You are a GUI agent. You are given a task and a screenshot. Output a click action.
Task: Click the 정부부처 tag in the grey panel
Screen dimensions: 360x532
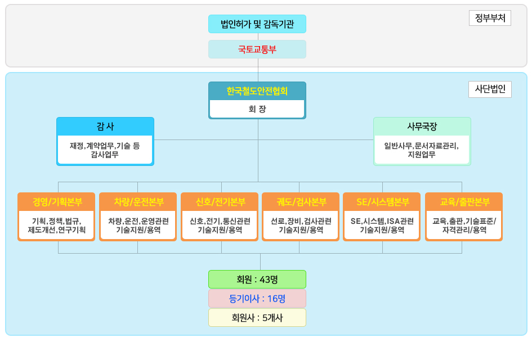click(x=490, y=18)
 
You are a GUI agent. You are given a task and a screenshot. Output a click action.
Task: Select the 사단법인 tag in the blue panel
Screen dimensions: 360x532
click(x=490, y=89)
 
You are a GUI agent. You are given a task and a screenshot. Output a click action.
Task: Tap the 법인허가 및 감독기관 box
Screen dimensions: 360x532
click(x=257, y=24)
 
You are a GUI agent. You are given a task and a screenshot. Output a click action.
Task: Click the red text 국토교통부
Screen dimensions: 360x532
click(x=257, y=49)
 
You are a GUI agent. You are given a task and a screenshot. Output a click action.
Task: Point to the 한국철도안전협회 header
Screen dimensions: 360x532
click(x=257, y=91)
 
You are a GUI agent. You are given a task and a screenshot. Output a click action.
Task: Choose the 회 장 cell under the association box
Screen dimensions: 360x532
click(x=257, y=109)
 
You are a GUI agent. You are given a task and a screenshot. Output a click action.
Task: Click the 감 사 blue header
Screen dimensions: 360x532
click(x=105, y=126)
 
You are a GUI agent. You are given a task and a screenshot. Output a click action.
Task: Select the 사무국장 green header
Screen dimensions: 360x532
click(x=422, y=126)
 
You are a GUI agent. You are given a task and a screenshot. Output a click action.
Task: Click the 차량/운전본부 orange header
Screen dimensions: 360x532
click(x=138, y=201)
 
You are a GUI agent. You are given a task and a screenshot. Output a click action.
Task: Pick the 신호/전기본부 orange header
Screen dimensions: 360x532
click(x=220, y=201)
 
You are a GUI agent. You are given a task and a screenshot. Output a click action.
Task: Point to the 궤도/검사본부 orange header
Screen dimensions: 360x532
click(x=301, y=201)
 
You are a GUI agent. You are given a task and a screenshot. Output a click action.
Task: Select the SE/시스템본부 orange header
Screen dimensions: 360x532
click(x=382, y=201)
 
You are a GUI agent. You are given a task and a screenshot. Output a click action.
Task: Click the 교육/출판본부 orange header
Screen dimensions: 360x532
click(x=464, y=201)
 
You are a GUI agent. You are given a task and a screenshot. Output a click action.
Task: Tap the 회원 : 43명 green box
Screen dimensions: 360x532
click(x=257, y=279)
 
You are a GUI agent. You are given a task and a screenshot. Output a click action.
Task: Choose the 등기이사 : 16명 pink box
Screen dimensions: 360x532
click(x=257, y=298)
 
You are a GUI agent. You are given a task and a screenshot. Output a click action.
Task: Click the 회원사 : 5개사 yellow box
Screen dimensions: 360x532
click(x=257, y=317)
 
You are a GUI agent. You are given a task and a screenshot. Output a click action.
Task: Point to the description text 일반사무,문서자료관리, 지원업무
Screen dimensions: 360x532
click(x=422, y=150)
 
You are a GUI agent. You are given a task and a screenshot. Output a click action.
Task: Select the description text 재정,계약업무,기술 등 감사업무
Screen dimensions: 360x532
click(x=105, y=150)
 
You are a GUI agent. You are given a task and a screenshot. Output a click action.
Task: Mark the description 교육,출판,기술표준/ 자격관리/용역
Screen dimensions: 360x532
click(x=464, y=225)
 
